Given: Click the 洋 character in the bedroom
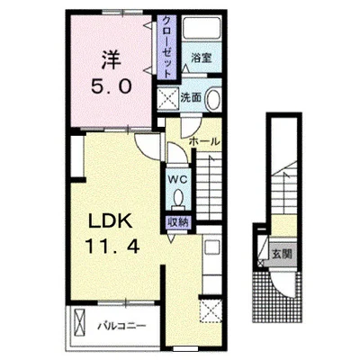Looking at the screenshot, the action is (111, 60).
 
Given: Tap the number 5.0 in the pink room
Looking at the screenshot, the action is (111, 87).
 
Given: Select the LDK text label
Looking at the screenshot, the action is (110, 222).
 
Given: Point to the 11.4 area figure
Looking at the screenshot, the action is (112, 247).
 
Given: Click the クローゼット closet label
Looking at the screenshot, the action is (167, 47).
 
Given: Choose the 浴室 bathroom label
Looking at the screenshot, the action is (202, 58).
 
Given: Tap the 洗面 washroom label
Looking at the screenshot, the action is (191, 97).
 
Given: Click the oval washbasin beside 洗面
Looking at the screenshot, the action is (212, 98).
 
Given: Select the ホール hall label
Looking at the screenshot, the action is (204, 141).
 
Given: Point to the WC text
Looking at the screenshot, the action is (177, 180).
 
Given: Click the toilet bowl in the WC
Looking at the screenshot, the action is (178, 197).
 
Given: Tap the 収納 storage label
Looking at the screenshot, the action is (178, 222).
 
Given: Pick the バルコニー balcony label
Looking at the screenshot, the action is (122, 326).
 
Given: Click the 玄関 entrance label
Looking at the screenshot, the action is (282, 255).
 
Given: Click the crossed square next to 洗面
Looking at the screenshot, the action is (167, 98).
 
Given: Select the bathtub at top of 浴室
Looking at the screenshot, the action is (202, 28).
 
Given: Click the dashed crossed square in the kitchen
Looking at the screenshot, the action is (211, 311).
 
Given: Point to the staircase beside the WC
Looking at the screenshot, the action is (209, 186).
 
